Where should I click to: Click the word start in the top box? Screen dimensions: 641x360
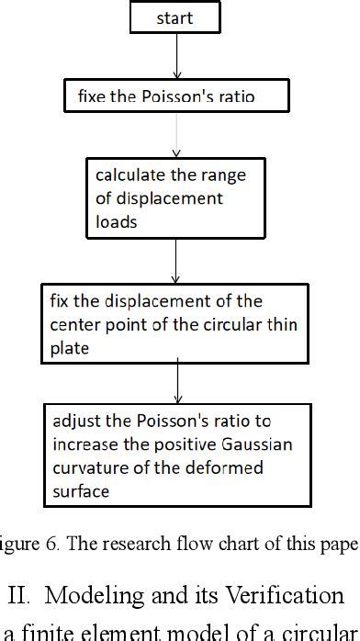[174, 17]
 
